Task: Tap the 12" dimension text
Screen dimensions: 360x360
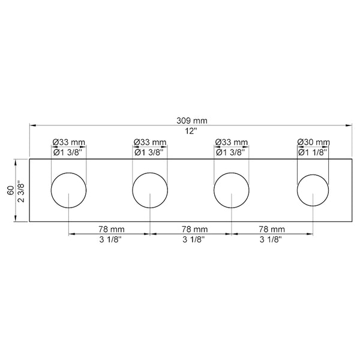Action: coord(191,131)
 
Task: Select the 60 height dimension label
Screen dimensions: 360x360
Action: coord(10,191)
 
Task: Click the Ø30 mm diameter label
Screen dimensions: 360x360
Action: coord(314,142)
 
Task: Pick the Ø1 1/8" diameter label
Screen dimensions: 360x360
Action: coord(314,152)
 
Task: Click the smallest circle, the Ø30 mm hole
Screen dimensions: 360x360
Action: coord(313,191)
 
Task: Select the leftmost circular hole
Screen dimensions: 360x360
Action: coord(69,191)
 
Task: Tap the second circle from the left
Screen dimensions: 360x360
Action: coord(150,191)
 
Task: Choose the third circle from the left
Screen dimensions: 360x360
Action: coord(232,191)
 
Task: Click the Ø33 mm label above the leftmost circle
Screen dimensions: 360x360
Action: coord(69,142)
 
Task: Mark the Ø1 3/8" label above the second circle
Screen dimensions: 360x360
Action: coord(150,152)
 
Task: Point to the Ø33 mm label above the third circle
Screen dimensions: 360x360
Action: coord(232,142)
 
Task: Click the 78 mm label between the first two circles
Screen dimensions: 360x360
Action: coord(110,229)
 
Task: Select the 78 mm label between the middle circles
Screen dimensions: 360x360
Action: coord(191,229)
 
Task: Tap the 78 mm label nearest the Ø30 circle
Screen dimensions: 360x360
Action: coord(272,229)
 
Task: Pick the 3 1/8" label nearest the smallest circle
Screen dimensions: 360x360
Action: coord(272,239)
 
